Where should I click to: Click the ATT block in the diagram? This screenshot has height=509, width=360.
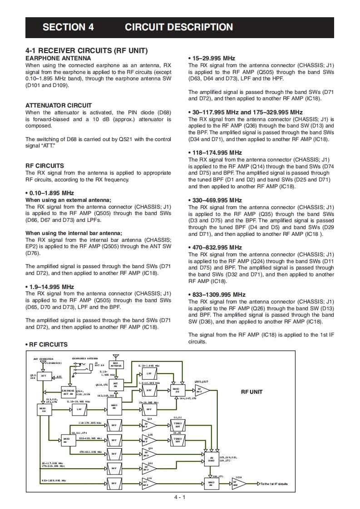tap(44, 376)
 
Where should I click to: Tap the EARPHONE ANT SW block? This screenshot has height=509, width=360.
tap(68, 392)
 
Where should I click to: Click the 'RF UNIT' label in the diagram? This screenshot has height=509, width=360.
tap(252, 392)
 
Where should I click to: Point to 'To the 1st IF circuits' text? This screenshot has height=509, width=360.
tap(274, 484)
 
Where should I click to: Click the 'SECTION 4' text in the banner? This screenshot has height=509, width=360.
tap(68, 27)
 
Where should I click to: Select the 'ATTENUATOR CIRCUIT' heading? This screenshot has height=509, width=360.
tap(59, 105)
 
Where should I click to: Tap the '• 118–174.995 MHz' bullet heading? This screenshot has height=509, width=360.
tap(215, 153)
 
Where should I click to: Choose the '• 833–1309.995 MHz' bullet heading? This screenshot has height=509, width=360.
tap(217, 294)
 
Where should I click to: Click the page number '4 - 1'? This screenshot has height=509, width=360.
tap(180, 497)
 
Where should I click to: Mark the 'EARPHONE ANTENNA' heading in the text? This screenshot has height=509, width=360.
tap(58, 58)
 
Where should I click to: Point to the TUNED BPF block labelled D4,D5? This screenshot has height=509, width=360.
tap(178, 440)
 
